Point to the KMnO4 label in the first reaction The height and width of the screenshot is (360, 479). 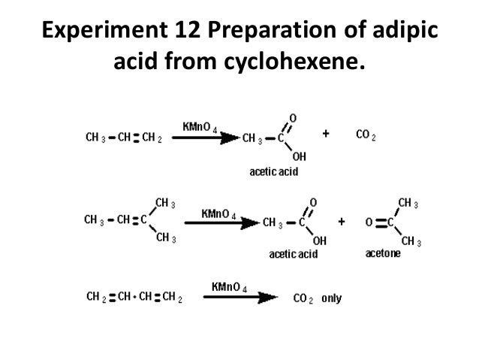coord(200,126)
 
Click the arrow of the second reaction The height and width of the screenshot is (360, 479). coord(226,223)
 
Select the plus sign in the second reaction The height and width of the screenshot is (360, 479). coord(342,222)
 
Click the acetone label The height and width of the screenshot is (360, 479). coord(383,255)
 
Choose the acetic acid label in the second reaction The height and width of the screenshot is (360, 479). coord(293,256)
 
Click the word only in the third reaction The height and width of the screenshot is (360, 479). coord(331,298)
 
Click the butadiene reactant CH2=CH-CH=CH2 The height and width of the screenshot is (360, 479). coord(133,298)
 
